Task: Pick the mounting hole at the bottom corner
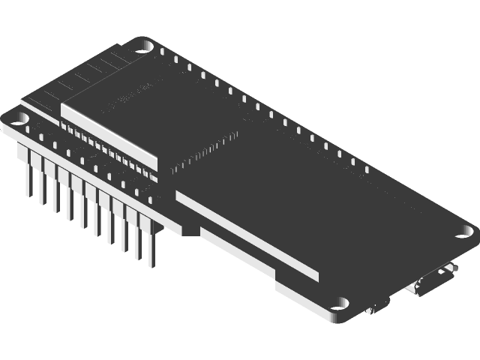343,303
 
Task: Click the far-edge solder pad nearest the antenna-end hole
174,58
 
